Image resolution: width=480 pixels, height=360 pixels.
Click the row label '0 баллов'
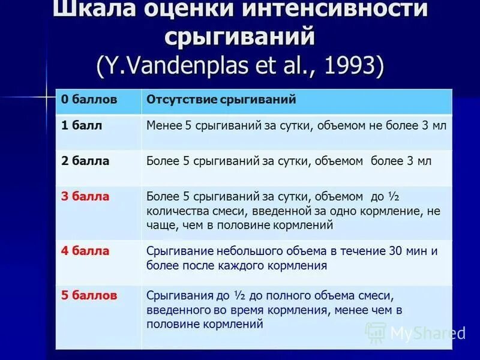(x=89, y=99)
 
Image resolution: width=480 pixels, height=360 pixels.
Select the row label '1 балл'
(x=82, y=125)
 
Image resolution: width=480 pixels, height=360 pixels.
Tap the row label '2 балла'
(x=85, y=161)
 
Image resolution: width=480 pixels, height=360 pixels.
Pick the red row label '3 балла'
(x=85, y=196)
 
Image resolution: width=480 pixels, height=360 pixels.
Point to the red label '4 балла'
(x=85, y=251)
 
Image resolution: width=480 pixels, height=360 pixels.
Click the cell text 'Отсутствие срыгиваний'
(x=221, y=99)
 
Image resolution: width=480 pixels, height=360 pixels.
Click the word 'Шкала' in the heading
(x=91, y=10)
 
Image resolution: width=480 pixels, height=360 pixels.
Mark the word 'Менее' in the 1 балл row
(x=163, y=126)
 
